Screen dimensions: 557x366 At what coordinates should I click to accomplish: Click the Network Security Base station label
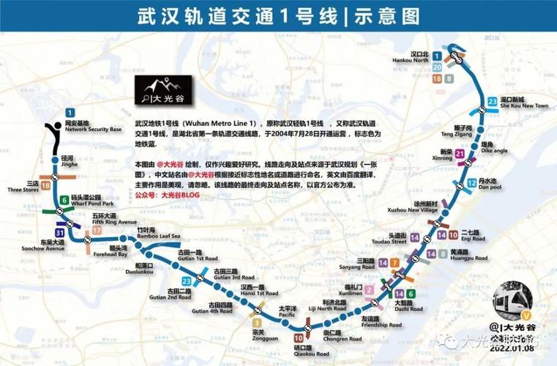(x=72, y=127)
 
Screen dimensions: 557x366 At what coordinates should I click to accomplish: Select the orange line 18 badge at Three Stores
(x=46, y=187)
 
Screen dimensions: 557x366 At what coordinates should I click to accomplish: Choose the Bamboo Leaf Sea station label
(x=158, y=234)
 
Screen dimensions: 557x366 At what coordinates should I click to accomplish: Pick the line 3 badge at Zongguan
(x=256, y=322)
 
